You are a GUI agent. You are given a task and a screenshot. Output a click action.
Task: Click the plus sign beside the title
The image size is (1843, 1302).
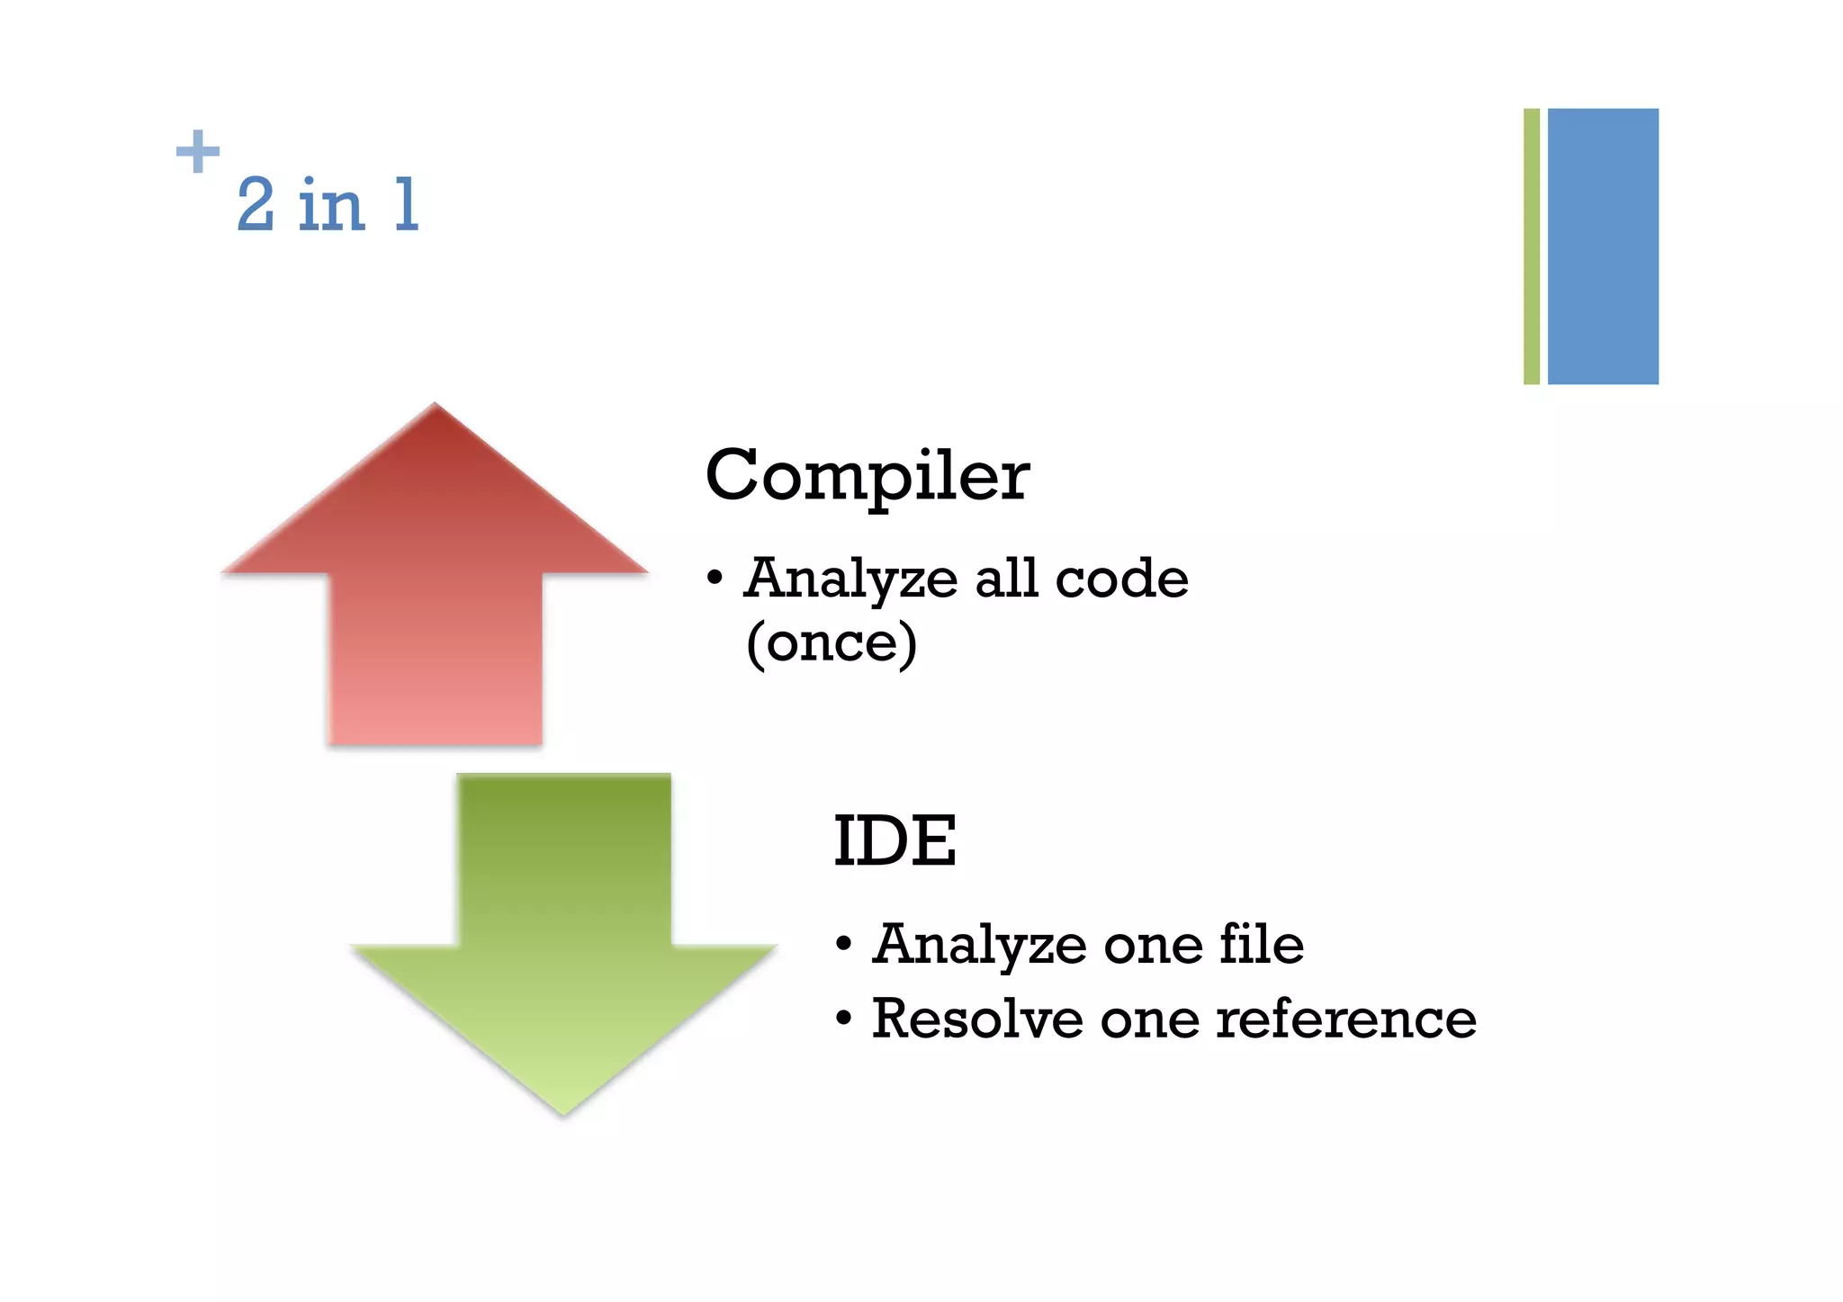click(x=198, y=151)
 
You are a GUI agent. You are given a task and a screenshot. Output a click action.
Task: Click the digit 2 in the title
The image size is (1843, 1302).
click(x=256, y=205)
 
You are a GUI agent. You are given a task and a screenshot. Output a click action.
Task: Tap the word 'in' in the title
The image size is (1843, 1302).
click(x=331, y=205)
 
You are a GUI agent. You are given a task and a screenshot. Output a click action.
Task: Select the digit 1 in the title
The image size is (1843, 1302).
click(x=407, y=205)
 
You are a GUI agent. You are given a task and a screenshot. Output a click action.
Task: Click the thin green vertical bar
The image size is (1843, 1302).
click(x=1531, y=247)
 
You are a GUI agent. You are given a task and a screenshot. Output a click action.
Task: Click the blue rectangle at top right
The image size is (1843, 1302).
click(x=1603, y=247)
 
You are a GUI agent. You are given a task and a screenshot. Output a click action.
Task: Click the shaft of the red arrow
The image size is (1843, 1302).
click(x=436, y=657)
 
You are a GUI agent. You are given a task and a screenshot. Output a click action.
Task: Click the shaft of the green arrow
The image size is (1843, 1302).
click(x=564, y=855)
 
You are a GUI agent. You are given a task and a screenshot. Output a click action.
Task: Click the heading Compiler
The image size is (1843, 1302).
click(x=867, y=477)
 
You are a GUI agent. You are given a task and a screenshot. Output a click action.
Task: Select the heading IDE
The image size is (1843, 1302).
click(x=895, y=841)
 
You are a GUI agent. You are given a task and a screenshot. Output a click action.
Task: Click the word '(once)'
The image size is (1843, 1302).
click(x=832, y=642)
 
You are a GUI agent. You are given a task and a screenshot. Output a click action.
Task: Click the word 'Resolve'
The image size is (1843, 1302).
click(x=977, y=1019)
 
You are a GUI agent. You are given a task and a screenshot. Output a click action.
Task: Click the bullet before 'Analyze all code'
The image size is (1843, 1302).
click(x=715, y=579)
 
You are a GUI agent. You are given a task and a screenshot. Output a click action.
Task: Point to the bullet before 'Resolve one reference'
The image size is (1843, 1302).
click(x=843, y=1020)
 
